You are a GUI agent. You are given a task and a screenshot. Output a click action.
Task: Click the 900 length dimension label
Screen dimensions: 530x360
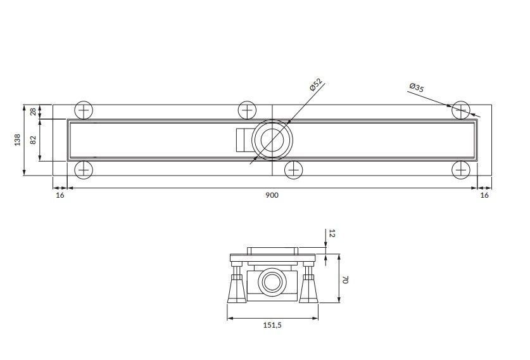(272, 195)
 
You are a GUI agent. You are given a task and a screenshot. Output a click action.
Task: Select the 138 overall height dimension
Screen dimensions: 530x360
(17, 139)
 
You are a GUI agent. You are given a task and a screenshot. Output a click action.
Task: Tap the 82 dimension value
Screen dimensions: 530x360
(33, 139)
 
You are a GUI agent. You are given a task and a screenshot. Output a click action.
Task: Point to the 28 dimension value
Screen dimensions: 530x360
(33, 112)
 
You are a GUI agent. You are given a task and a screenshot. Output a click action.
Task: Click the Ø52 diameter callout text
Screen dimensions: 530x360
(316, 84)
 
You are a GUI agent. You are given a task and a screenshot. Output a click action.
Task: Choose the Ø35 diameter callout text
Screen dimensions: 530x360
(417, 87)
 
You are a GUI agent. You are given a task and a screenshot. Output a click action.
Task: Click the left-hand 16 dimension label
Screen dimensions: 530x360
(60, 195)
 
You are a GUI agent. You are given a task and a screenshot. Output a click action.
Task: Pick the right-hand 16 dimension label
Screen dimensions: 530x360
(484, 195)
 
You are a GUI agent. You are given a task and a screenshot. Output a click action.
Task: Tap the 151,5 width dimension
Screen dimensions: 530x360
(272, 325)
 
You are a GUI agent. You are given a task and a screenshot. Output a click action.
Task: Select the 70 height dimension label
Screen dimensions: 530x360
(345, 280)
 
